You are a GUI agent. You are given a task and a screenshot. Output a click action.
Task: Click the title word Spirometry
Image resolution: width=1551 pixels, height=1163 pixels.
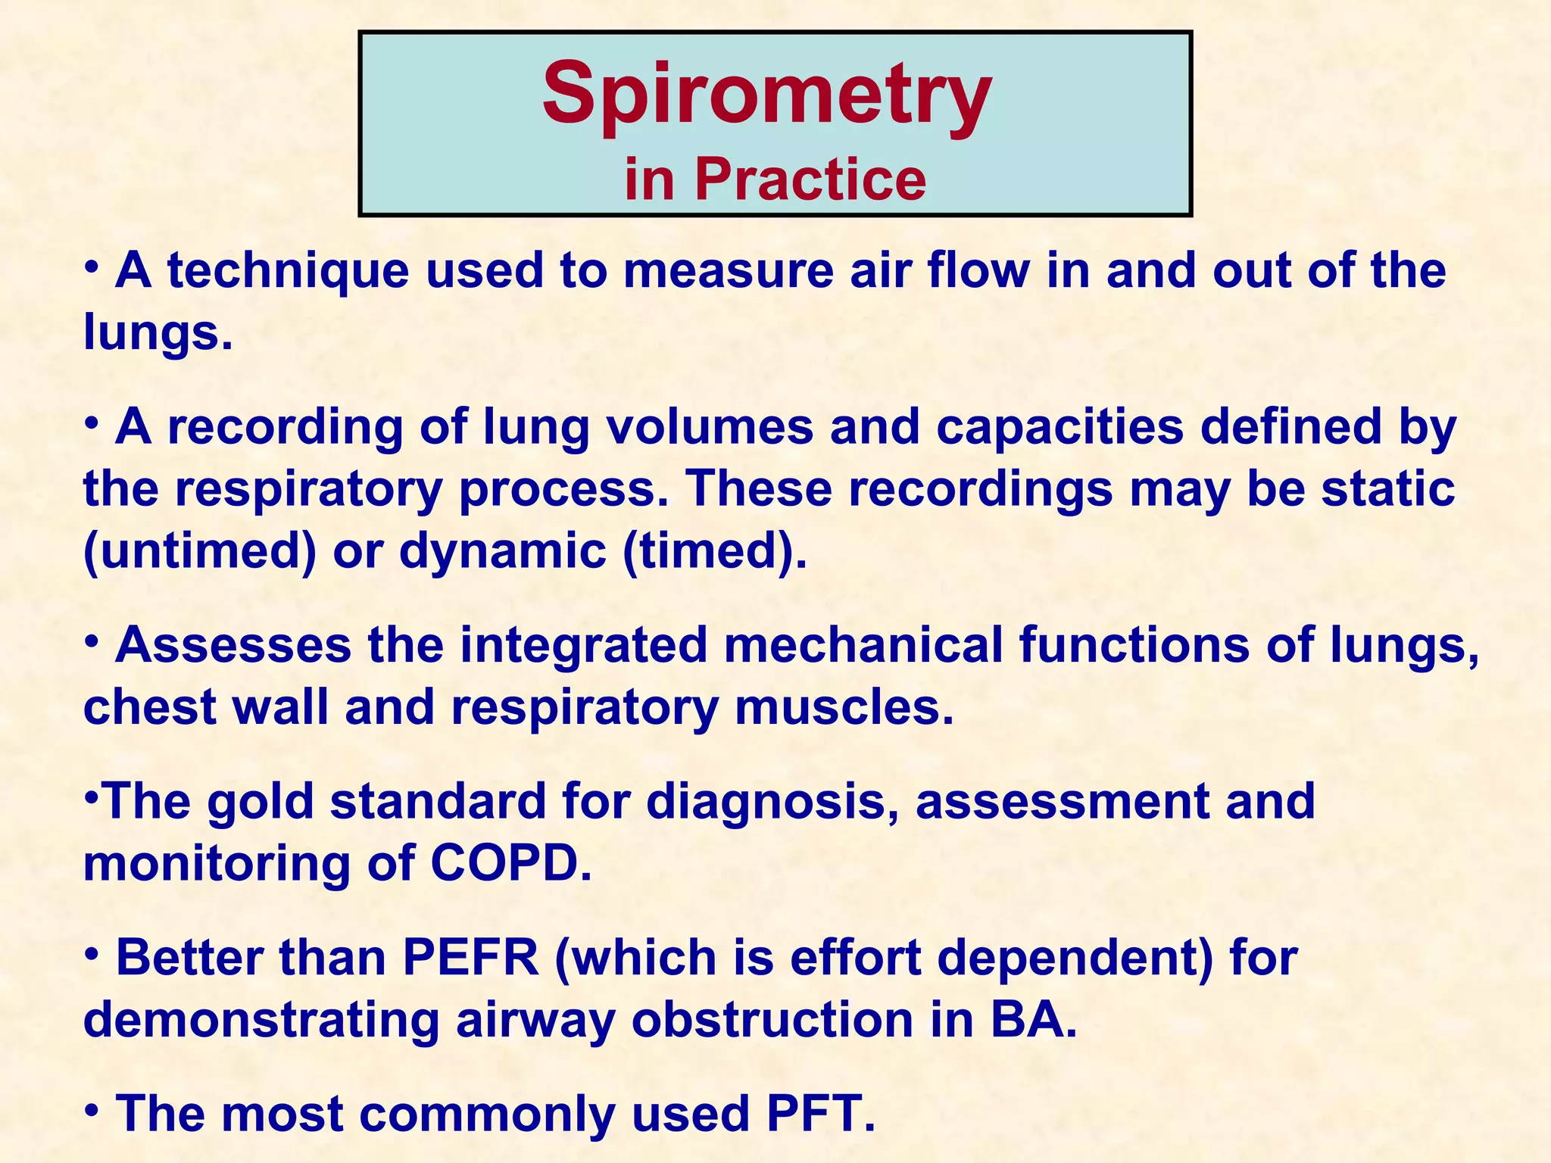coord(766,95)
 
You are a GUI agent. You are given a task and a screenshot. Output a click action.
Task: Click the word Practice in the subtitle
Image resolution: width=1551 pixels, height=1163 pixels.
coord(810,179)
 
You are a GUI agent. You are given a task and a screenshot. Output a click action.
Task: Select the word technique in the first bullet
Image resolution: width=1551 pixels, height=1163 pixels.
coord(288,270)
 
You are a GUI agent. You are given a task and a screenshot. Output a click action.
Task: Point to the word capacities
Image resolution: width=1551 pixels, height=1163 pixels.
coord(1059,426)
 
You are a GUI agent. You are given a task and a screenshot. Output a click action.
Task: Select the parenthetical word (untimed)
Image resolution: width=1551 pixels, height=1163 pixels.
coord(199,550)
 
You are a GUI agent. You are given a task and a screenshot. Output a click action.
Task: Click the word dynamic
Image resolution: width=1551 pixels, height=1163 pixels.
coord(502,550)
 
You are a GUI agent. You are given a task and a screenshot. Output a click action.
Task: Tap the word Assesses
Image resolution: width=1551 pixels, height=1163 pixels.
coord(233,645)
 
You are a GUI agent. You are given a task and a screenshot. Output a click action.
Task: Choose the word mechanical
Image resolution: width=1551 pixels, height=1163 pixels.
coord(863,645)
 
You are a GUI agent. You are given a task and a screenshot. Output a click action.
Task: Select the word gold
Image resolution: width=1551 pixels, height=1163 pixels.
coord(261,801)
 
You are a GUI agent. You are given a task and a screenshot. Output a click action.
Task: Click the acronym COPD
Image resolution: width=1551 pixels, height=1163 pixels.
coord(511,863)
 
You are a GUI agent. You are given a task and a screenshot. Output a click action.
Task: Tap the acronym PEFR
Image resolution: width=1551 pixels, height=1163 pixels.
coord(471,958)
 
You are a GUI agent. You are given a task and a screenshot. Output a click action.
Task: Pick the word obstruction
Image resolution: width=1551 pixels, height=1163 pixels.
coord(772,1020)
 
